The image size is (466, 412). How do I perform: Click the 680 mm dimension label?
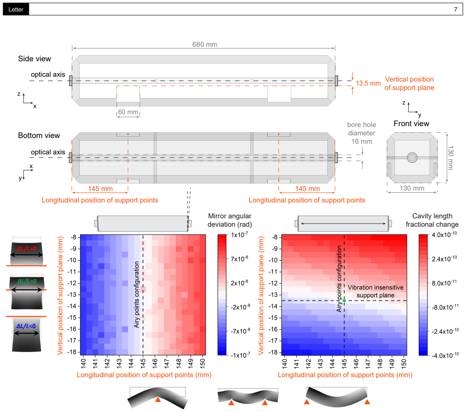(x=205, y=45)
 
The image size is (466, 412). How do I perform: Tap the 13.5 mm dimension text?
(x=368, y=83)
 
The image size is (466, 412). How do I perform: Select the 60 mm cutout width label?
(x=128, y=112)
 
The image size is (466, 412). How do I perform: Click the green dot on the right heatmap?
(x=344, y=301)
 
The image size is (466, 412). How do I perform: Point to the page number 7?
(x=455, y=10)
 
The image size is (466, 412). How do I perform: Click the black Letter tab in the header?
(x=16, y=9)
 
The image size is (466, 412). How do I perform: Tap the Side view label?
(x=34, y=59)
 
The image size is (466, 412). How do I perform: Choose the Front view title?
(x=411, y=124)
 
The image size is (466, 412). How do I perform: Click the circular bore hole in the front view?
(x=412, y=157)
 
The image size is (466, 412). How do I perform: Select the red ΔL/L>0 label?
(x=26, y=249)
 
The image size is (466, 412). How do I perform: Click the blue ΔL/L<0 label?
(x=26, y=326)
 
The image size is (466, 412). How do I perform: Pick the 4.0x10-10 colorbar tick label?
(x=444, y=235)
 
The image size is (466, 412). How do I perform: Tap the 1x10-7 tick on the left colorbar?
(x=240, y=235)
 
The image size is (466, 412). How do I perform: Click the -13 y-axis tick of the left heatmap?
(x=74, y=294)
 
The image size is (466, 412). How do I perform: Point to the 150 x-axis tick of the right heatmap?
(x=404, y=363)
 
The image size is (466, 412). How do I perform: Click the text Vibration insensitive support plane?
(x=376, y=292)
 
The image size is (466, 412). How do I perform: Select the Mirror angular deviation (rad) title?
(x=230, y=220)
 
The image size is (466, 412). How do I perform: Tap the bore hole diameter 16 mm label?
(x=362, y=133)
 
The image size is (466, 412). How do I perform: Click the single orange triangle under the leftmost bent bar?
(x=158, y=399)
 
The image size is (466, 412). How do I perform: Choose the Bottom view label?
(x=39, y=135)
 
